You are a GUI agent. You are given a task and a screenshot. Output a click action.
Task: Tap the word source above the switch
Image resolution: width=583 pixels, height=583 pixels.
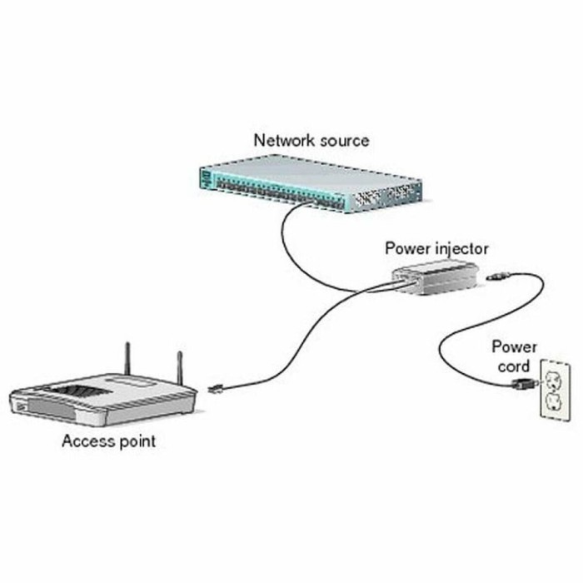(341, 141)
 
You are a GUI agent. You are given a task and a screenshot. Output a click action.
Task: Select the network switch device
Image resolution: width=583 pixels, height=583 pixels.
(309, 186)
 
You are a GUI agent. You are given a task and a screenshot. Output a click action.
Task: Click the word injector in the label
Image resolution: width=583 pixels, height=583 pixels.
(459, 248)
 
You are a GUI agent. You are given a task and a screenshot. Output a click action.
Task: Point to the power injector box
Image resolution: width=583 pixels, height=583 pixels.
(436, 279)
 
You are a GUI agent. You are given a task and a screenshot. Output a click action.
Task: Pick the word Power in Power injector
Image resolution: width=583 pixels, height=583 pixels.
(405, 248)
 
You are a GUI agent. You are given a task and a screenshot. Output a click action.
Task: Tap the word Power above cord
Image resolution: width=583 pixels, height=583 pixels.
(514, 346)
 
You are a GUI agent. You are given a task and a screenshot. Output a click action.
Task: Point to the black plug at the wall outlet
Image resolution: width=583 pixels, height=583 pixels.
(525, 383)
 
